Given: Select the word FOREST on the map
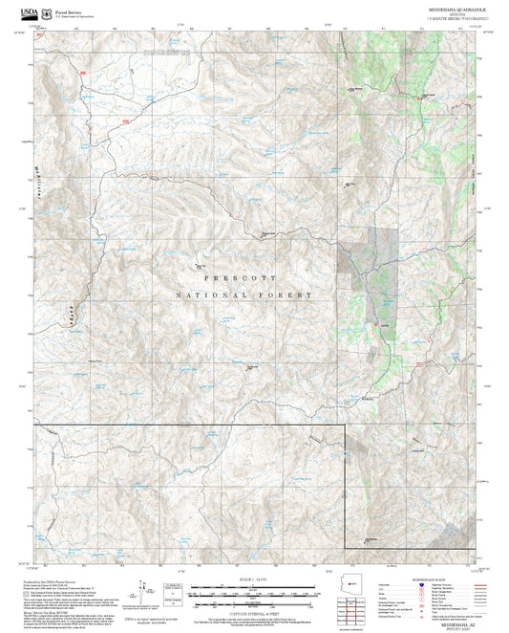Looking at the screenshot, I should (291, 295).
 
